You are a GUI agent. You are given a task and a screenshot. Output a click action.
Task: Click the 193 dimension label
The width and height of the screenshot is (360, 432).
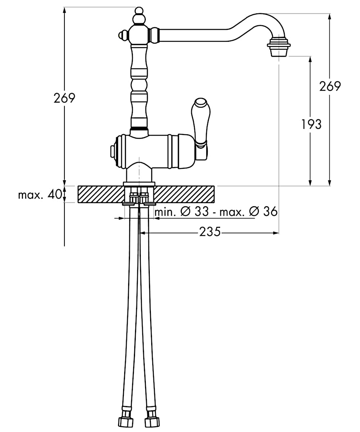[311, 124]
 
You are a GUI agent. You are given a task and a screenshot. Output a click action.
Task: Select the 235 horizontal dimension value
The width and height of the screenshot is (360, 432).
[210, 232]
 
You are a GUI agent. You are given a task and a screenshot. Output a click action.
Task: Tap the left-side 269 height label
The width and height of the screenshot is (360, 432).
[64, 98]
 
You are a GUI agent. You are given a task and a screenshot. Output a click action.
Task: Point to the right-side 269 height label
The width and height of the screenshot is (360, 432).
[330, 86]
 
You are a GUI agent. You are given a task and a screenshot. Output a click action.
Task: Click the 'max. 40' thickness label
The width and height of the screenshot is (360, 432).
[40, 195]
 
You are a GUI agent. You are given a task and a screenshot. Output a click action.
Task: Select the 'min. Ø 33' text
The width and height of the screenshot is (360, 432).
[182, 212]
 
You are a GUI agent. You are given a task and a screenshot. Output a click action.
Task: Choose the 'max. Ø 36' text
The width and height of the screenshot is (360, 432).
[248, 212]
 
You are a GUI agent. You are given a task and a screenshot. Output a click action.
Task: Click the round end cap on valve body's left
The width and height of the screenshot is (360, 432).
[113, 152]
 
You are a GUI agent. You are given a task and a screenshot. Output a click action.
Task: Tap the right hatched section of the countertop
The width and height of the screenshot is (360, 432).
[184, 194]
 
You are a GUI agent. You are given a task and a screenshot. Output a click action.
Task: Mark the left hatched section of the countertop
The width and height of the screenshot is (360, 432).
[101, 194]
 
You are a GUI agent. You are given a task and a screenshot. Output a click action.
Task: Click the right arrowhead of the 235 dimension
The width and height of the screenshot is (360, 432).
[276, 233]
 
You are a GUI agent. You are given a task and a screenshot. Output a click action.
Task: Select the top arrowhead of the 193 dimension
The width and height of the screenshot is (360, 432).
[310, 59]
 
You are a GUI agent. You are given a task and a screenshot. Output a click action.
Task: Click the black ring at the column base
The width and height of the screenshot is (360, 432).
[139, 129]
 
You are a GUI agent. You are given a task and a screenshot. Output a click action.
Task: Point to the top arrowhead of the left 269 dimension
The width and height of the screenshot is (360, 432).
[64, 10]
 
